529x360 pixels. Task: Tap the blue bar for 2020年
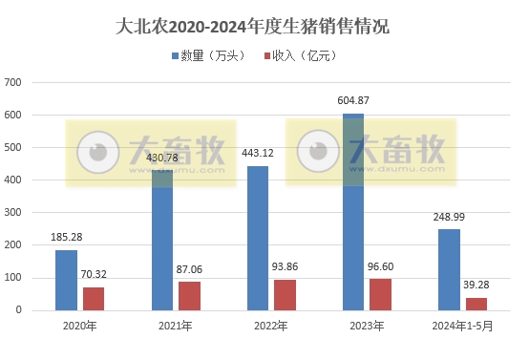(x=66, y=280)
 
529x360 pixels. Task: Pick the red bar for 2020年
(x=93, y=299)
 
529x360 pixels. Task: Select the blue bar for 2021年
(x=161, y=240)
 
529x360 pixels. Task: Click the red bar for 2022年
(x=285, y=295)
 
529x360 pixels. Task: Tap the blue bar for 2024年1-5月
(x=449, y=269)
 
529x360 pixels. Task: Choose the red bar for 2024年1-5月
(x=476, y=304)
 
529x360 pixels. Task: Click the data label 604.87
(x=354, y=100)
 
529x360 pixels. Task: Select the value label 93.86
(x=286, y=267)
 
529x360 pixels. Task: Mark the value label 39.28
(x=476, y=286)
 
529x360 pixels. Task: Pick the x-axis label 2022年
(x=271, y=327)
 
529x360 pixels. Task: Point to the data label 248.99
(x=449, y=217)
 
